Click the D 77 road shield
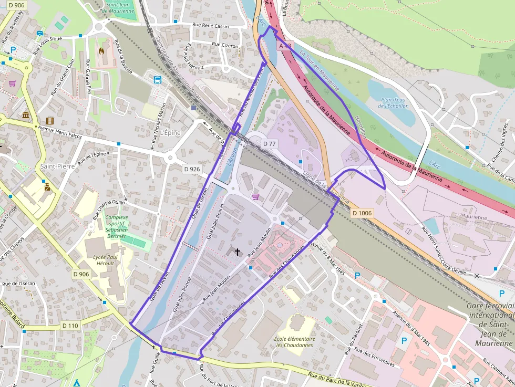(270, 143)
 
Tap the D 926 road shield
(192, 169)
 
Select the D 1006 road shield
(362, 213)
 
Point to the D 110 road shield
(69, 326)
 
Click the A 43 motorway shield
(284, 46)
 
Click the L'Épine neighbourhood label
(171, 133)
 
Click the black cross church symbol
(237, 252)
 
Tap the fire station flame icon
(101, 51)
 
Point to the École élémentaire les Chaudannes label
(294, 342)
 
